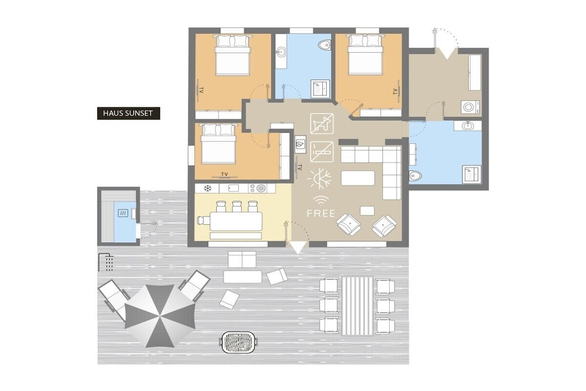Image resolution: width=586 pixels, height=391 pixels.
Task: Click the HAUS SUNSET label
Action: click(x=128, y=113)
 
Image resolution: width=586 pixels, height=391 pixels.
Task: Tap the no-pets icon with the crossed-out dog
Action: click(x=322, y=123)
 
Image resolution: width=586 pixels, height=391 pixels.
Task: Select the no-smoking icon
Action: click(x=322, y=151)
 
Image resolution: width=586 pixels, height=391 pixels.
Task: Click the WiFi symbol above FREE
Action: click(x=320, y=201)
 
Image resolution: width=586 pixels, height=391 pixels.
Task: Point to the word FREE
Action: click(x=320, y=214)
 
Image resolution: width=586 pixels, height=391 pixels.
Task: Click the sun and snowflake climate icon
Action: click(x=320, y=179)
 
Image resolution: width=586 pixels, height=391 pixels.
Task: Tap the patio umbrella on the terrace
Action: click(x=160, y=315)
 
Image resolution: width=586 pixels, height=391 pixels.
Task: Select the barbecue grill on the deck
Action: click(x=239, y=342)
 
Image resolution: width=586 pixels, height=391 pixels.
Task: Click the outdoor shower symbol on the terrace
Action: click(x=106, y=262)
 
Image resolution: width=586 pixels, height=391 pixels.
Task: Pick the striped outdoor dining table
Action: click(x=357, y=306)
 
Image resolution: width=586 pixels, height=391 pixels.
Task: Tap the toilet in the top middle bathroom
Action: click(x=325, y=45)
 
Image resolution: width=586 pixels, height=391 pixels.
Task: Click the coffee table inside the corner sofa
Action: click(x=358, y=178)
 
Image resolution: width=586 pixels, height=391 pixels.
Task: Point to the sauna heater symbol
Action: click(x=123, y=213)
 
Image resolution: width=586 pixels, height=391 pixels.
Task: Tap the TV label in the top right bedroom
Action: click(x=395, y=91)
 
